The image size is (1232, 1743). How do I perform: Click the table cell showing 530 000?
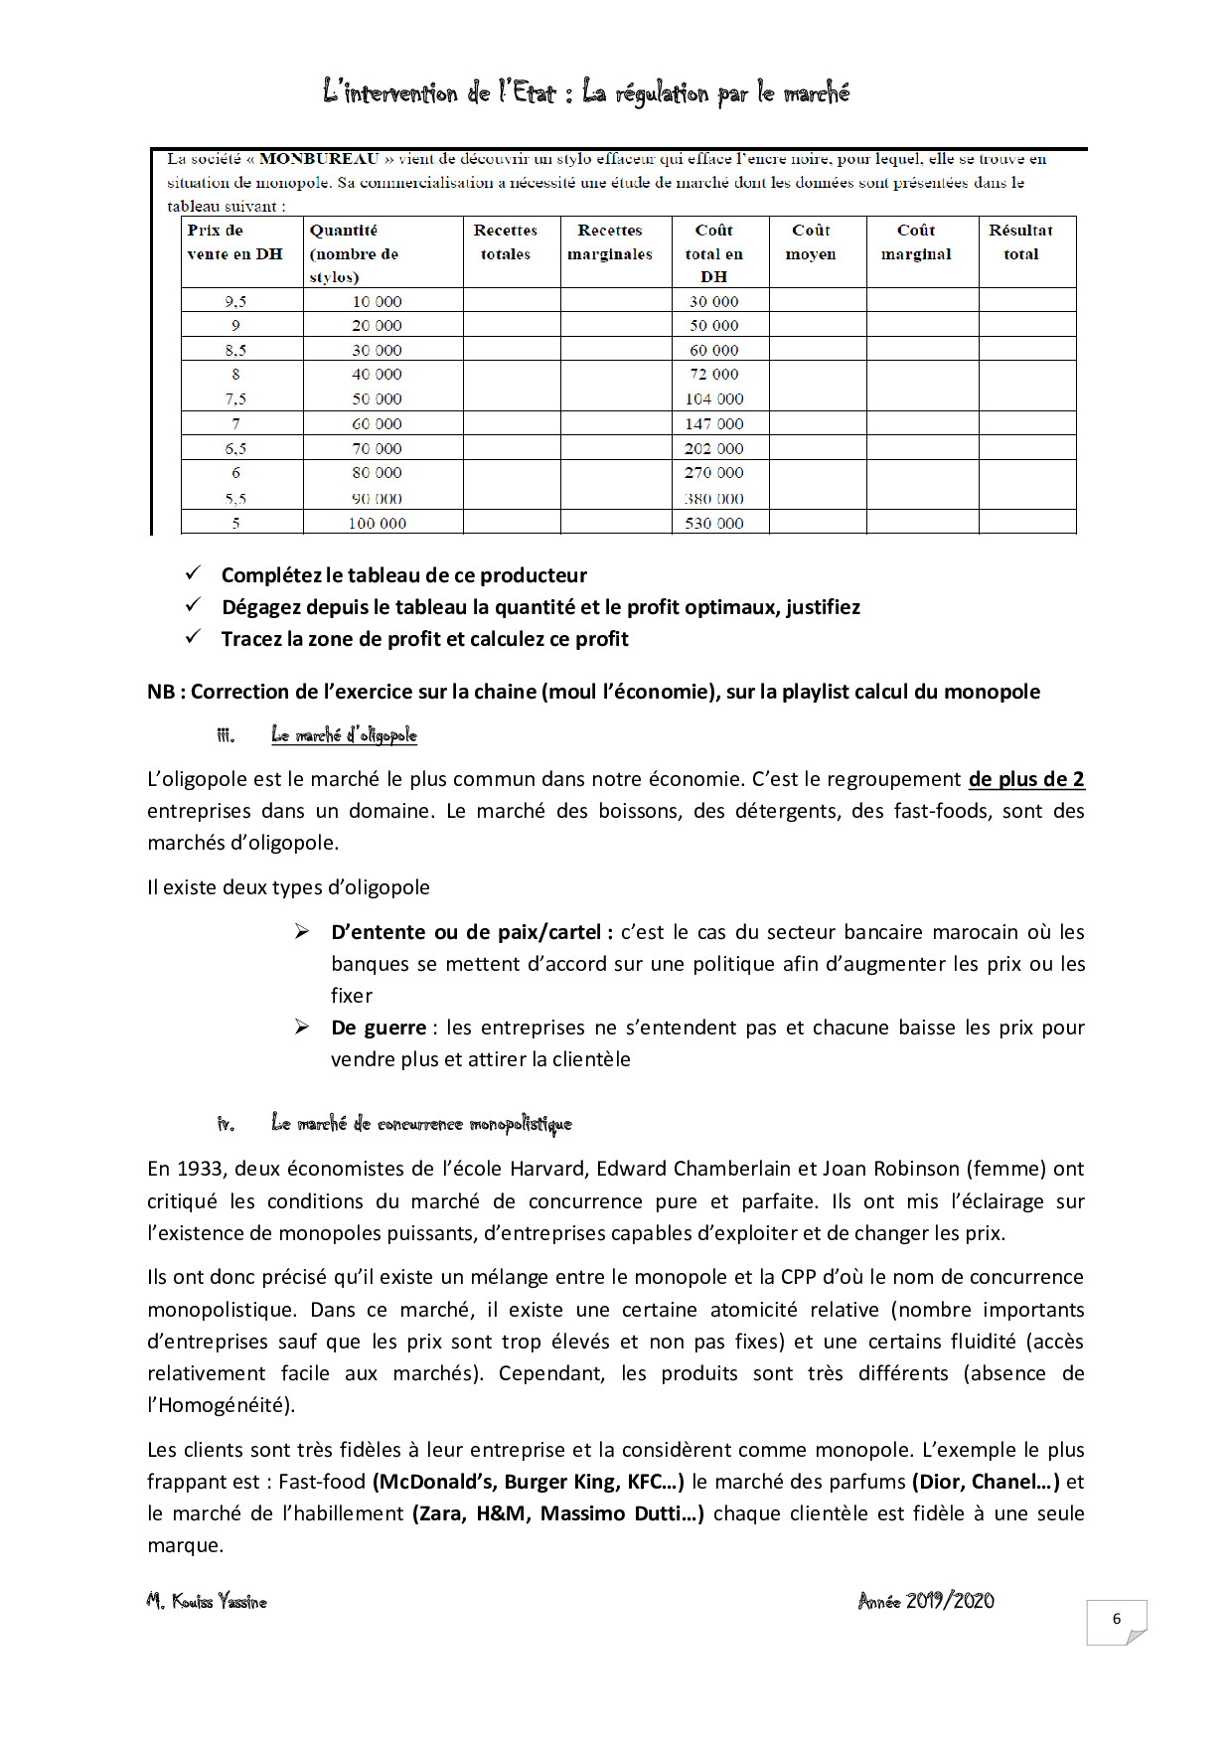point(713,523)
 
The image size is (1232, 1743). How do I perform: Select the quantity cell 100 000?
point(377,523)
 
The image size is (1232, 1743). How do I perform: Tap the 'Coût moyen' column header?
point(811,242)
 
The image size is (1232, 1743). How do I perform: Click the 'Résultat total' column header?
point(1020,242)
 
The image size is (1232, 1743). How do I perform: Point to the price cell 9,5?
point(235,301)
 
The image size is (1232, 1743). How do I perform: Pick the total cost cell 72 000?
point(713,374)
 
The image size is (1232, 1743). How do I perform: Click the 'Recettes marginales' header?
point(610,242)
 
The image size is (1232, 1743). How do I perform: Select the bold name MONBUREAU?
point(319,159)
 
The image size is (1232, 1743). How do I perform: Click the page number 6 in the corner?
point(1116,1619)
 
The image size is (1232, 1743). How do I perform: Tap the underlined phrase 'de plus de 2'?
point(1026,779)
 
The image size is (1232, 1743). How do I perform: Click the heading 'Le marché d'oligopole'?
point(344,735)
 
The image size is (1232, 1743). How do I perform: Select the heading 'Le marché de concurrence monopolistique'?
point(421,1124)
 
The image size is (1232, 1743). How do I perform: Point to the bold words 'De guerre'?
point(379,1028)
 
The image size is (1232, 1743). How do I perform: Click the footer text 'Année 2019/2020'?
point(926,1601)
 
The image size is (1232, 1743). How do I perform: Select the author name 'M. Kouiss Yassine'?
point(207,1602)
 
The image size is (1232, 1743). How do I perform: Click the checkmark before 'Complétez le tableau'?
point(194,573)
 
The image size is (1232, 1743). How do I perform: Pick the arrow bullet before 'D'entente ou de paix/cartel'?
point(302,931)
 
